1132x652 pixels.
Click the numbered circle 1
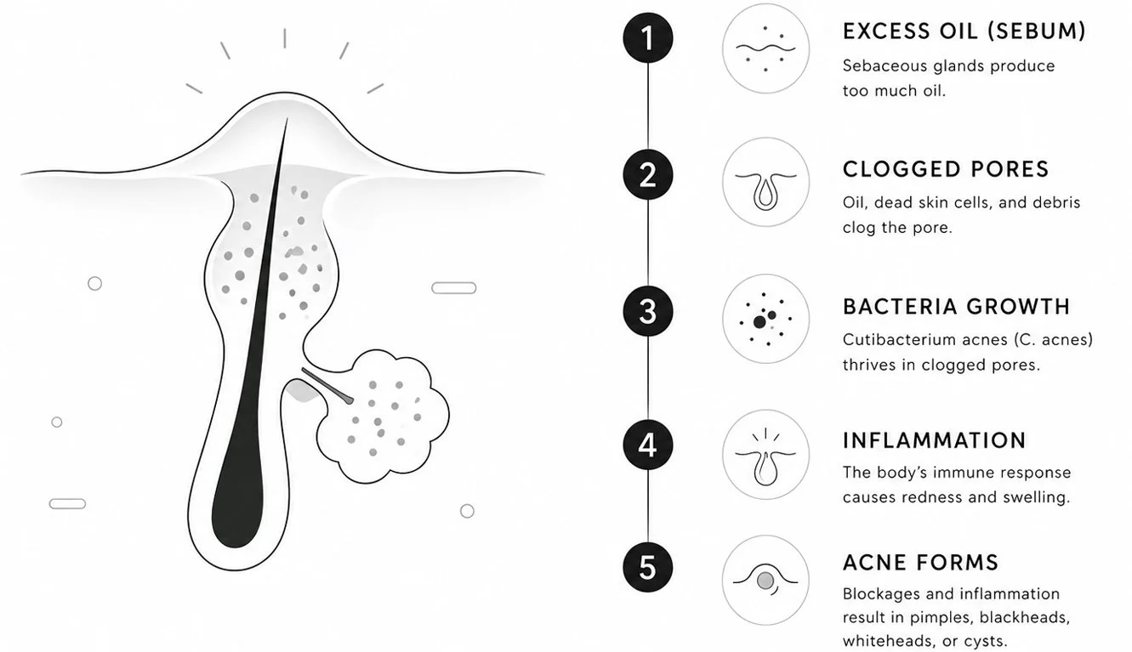[x=647, y=38]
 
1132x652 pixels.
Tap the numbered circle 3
[x=647, y=311]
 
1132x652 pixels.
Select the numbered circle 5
[x=647, y=567]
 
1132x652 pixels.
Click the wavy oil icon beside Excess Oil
[x=765, y=48]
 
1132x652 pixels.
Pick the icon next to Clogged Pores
[x=765, y=182]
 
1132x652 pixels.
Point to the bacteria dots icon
[x=765, y=319]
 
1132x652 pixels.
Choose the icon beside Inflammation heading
[x=765, y=455]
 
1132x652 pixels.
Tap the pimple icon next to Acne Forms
[x=765, y=581]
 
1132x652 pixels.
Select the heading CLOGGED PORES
[x=946, y=169]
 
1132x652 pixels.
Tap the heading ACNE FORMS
[x=920, y=563]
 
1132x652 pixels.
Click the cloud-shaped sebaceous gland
[x=383, y=417]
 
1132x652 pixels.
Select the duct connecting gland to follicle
[x=327, y=386]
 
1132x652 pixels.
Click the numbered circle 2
[x=647, y=175]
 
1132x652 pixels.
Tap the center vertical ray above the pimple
[x=285, y=38]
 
